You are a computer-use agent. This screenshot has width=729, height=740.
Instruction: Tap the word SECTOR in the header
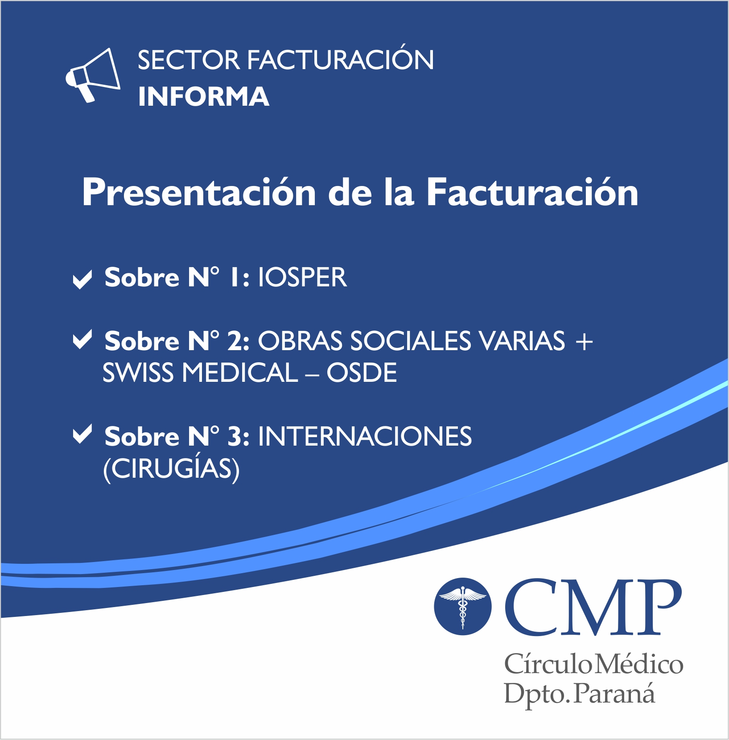click(x=189, y=60)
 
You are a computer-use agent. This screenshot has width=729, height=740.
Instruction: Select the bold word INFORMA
click(x=204, y=96)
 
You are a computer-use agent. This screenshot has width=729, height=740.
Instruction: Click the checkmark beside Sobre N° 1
click(x=82, y=279)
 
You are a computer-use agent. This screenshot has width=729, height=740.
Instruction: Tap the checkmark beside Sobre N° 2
click(x=82, y=339)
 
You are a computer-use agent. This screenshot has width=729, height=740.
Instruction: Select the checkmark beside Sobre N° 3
click(x=82, y=434)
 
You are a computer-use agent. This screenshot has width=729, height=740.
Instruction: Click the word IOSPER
click(x=302, y=277)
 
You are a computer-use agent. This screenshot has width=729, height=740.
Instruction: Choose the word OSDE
click(x=362, y=372)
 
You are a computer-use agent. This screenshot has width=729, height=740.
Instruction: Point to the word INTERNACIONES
click(x=365, y=436)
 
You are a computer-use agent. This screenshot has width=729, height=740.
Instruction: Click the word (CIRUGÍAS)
click(x=171, y=469)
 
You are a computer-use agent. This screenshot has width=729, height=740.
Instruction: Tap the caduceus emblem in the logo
click(x=463, y=607)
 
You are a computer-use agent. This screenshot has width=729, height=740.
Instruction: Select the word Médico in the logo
click(x=639, y=665)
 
